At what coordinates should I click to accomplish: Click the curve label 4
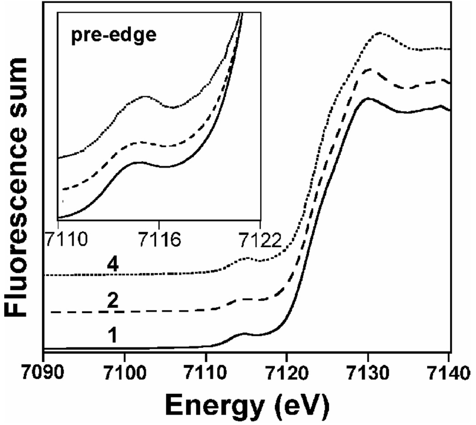[115, 266]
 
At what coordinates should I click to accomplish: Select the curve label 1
[112, 336]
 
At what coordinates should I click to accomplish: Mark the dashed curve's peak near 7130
[370, 69]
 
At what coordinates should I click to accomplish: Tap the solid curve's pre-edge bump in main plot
[243, 334]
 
